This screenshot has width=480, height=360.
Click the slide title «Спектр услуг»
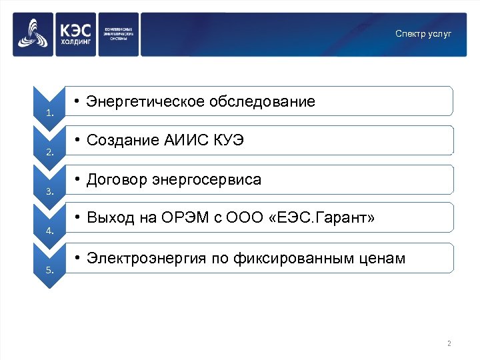[423, 33]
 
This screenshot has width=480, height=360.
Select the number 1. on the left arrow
[50, 113]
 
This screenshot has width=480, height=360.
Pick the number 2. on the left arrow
[50, 153]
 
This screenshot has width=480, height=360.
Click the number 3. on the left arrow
[50, 192]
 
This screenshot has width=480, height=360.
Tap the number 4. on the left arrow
[50, 231]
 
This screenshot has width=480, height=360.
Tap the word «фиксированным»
[297, 258]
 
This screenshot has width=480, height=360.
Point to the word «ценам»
[385, 258]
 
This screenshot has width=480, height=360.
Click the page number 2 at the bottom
[449, 344]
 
